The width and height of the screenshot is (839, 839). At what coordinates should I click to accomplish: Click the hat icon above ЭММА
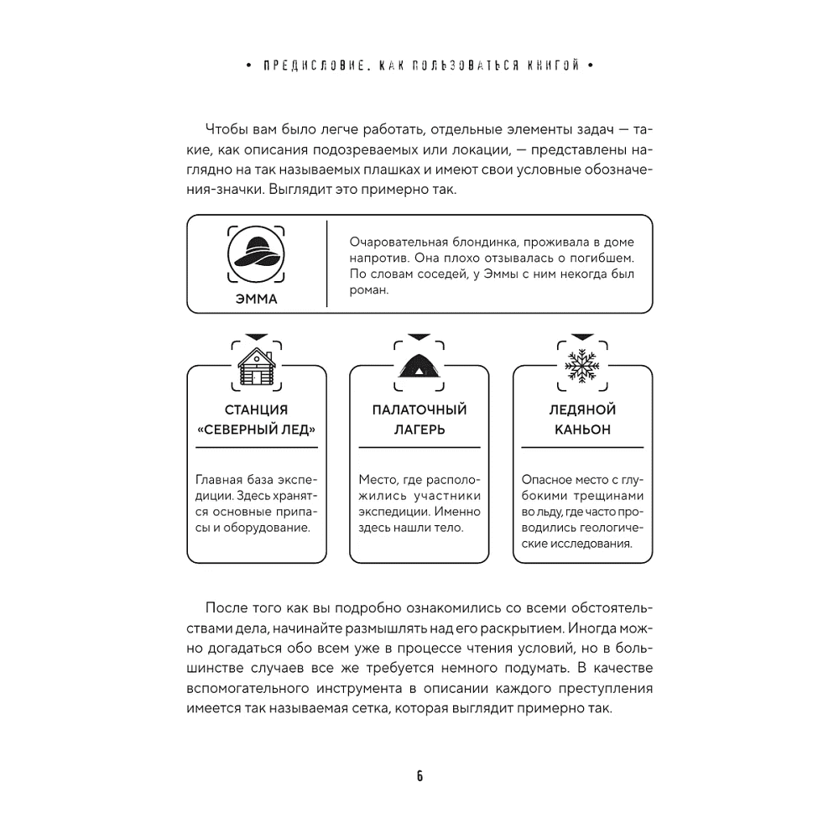(256, 249)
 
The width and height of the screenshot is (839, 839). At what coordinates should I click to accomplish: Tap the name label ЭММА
(257, 299)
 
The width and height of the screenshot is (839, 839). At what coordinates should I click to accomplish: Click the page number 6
(419, 775)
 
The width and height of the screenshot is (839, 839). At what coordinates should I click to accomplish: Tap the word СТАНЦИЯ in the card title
(257, 410)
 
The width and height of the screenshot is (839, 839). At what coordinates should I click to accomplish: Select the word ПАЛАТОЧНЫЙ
(419, 410)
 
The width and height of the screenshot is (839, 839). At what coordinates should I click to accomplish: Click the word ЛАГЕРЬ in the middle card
(419, 430)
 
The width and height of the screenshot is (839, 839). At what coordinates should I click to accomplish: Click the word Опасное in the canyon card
(549, 480)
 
